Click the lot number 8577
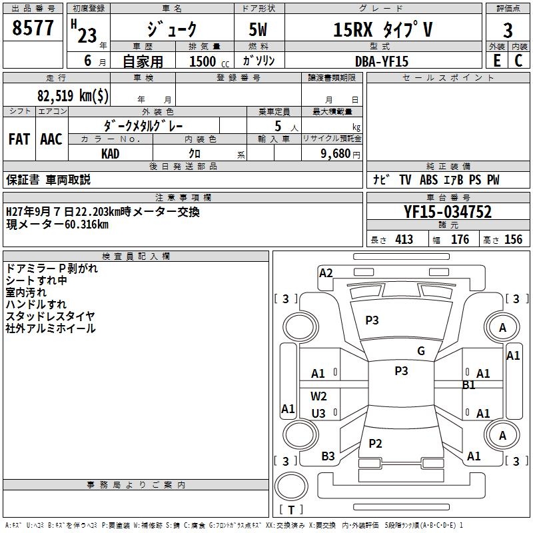tap(33, 28)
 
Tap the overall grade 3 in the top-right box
tap(508, 31)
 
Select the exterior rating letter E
tap(496, 61)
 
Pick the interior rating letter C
tap(518, 61)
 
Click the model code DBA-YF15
tap(382, 61)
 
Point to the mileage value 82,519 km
tap(73, 95)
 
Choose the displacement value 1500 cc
tap(209, 61)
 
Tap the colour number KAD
tap(111, 154)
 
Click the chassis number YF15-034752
tap(448, 212)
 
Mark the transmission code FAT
tap(19, 139)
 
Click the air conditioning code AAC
tap(51, 139)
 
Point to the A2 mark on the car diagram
tap(326, 273)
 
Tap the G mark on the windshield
tap(421, 351)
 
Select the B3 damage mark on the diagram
tap(328, 456)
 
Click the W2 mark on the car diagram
tap(318, 396)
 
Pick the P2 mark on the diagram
tap(375, 443)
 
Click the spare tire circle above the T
tap(291, 486)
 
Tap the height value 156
tap(513, 239)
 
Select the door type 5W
tap(258, 29)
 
